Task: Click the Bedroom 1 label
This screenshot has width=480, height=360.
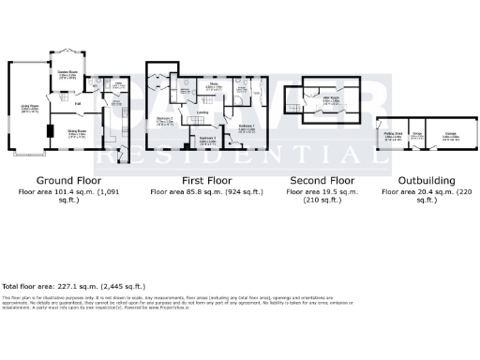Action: [x=247, y=127]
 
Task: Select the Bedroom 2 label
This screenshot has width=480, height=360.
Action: [x=165, y=120]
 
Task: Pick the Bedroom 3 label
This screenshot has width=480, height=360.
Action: [x=208, y=139]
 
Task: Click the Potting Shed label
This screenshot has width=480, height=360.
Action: [x=388, y=135]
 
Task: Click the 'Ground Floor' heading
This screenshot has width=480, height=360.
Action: [x=69, y=180]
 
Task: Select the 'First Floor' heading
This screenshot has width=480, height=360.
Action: [x=207, y=180]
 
